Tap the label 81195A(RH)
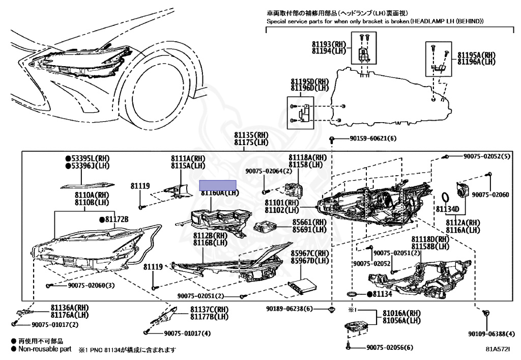pyautogui.click(x=476, y=55)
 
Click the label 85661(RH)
pyautogui.click(x=309, y=222)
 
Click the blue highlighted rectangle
pyautogui.click(x=218, y=185)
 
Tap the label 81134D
pyautogui.click(x=447, y=209)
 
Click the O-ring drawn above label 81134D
pyautogui.click(x=444, y=197)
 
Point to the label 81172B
pyautogui.click(x=117, y=219)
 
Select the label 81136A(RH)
pyautogui.click(x=70, y=308)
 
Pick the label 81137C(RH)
pyautogui.click(x=210, y=310)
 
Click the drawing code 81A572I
pyautogui.click(x=497, y=350)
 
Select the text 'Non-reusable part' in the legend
pyautogui.click(x=45, y=349)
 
